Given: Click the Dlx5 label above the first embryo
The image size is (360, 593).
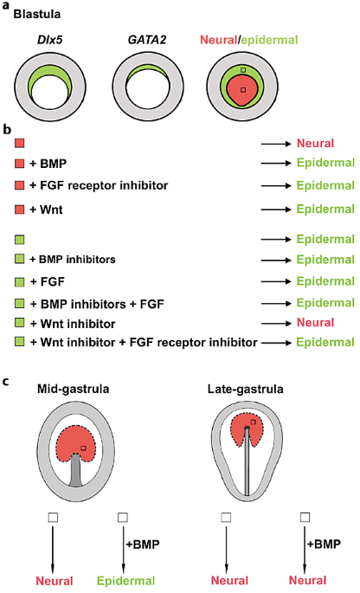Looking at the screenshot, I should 49,39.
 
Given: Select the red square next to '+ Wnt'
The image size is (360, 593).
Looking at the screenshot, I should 21,209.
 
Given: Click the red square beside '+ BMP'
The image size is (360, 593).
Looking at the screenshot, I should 21,163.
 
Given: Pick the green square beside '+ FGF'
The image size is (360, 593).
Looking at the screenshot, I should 21,280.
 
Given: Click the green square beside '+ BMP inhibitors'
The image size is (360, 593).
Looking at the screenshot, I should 21,258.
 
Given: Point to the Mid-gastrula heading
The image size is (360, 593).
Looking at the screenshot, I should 74,389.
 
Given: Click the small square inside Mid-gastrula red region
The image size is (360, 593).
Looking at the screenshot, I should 83,448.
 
